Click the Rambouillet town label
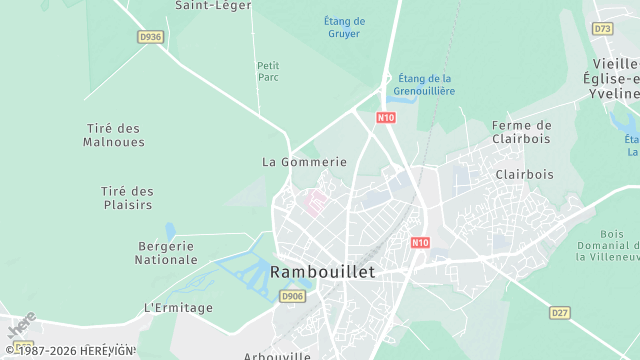coord(322,272)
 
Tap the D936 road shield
coord(150,36)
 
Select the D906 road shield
coord(291,297)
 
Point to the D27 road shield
coord(561,313)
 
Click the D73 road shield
coord(602,29)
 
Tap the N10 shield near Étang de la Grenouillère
coord(386,118)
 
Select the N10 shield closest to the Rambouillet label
coord(420,243)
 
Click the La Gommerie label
coord(304,161)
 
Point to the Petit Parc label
coord(268,71)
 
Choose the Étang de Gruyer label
coord(345,27)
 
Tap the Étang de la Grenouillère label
coord(425,85)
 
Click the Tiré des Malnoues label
coord(113,135)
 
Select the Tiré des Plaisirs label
coord(127,198)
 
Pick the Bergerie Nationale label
coord(166,252)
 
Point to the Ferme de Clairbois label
coord(521,132)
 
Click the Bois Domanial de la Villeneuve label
coord(607,238)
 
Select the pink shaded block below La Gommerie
coord(316,203)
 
